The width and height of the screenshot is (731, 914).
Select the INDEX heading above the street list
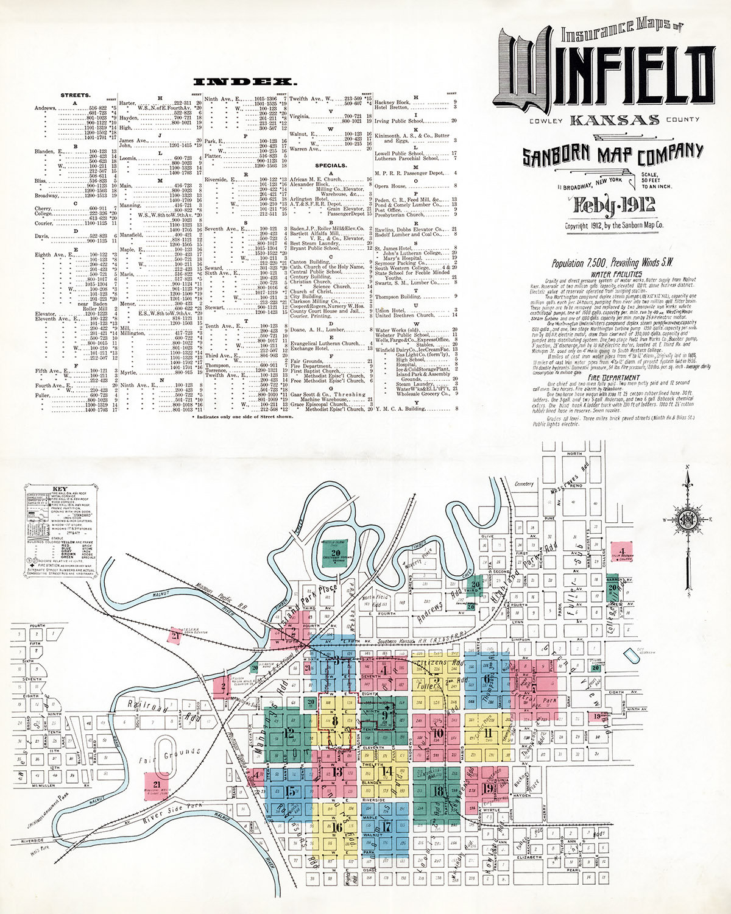coord(245,81)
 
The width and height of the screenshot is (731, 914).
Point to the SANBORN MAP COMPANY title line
coord(612,154)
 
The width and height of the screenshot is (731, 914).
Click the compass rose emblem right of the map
coord(688,519)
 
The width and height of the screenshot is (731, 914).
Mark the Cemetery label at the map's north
coord(523,484)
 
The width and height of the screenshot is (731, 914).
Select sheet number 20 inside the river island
coord(336,553)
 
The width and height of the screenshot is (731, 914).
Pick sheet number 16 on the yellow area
coord(337,827)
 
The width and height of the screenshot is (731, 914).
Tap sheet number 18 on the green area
coord(437,792)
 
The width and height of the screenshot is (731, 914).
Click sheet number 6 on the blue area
coord(487,679)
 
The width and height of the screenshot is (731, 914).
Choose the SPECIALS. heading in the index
coord(331,165)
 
